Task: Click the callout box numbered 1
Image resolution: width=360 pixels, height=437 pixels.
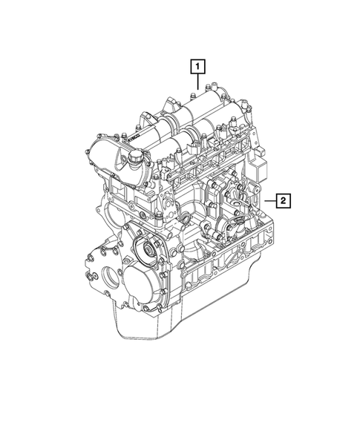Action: click(197, 66)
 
